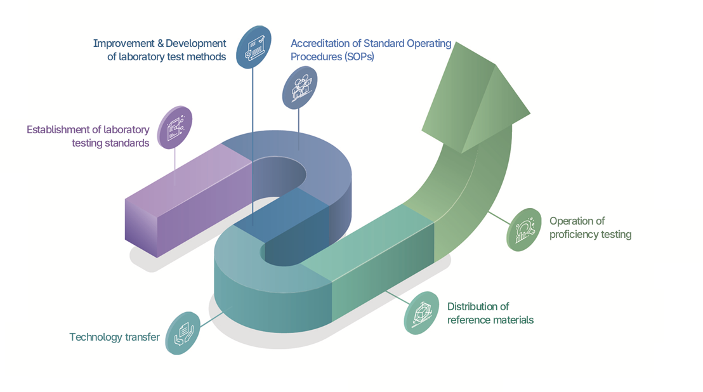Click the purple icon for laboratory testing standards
174,127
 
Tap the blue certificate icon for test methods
254,47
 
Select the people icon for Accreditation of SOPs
299,88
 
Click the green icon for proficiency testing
524,229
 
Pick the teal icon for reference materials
421,313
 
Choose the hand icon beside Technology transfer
183,332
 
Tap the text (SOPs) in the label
359,57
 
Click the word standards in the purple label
127,143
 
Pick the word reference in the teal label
468,320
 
